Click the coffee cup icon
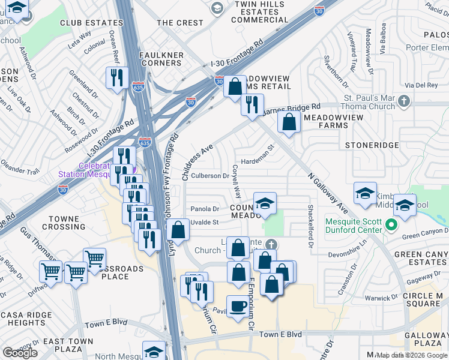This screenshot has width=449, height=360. pyautogui.click(x=238, y=307)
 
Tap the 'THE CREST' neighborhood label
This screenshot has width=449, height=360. pyautogui.click(x=180, y=23)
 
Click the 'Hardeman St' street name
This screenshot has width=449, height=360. pyautogui.click(x=257, y=161)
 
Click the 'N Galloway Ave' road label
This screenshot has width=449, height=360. pyautogui.click(x=328, y=194)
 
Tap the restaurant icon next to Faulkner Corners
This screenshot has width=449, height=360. pyautogui.click(x=116, y=77)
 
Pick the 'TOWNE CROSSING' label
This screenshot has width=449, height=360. pyautogui.click(x=64, y=223)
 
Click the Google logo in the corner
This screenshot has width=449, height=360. pyautogui.click(x=20, y=353)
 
